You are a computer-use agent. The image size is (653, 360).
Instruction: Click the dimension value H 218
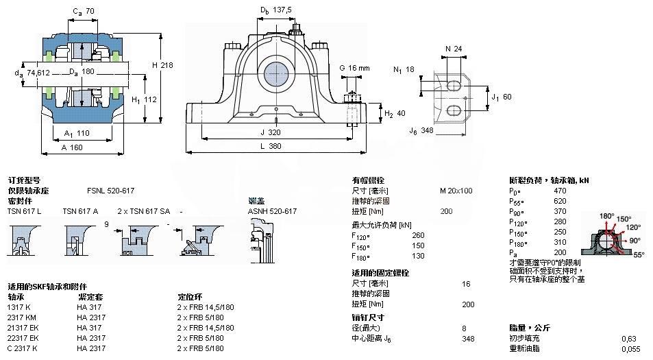pos(163,64)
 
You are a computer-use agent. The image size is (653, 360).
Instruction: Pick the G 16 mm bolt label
pos(354,68)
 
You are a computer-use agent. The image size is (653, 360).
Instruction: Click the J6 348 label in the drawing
pos(422,130)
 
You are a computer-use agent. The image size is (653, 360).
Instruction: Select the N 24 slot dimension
pos(453,49)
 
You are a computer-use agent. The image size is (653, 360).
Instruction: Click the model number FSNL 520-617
pos(110,191)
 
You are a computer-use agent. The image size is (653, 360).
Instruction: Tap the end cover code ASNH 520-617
pos(272,211)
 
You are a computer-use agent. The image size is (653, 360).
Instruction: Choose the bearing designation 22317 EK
pos(23,338)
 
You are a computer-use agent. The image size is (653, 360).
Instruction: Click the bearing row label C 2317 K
pos(23,348)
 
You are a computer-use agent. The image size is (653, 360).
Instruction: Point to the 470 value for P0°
pos(560,191)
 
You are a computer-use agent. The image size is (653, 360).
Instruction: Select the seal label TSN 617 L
pos(24,211)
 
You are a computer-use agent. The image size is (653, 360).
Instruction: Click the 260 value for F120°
pos(418,235)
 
